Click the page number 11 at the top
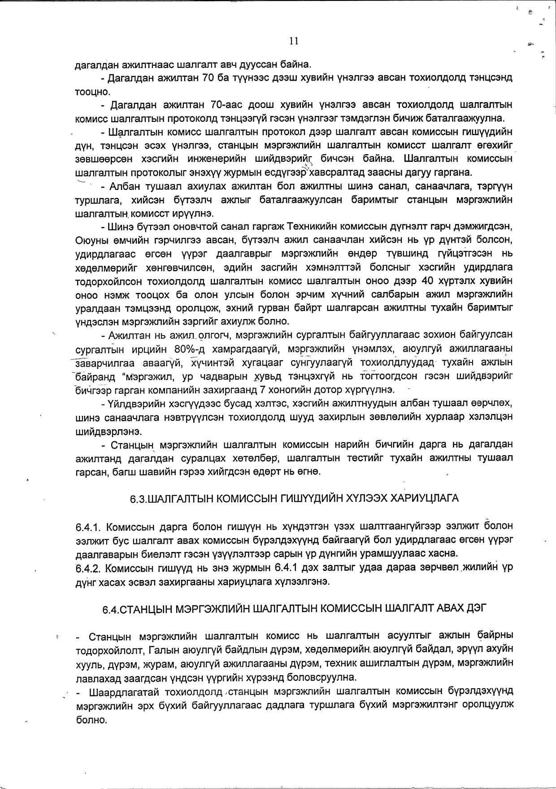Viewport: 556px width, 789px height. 294,41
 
